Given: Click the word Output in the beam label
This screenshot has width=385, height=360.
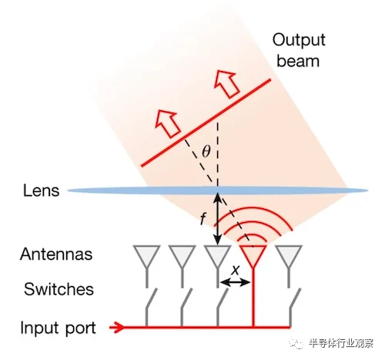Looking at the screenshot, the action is (299, 40).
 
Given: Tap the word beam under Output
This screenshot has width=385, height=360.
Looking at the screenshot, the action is (298, 61).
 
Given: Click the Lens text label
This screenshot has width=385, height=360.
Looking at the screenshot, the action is (41, 190).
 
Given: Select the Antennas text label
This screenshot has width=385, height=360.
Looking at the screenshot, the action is (56, 254).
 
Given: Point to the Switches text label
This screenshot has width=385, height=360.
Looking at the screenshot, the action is (59, 289).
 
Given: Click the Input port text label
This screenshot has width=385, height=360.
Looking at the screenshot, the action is (58, 328).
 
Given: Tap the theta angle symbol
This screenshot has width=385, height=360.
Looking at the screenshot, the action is (206, 151).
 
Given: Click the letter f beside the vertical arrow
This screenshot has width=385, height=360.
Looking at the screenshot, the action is (203, 219).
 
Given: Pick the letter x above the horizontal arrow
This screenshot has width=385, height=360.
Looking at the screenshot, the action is (235, 270).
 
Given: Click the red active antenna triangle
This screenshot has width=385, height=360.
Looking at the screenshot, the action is (253, 255).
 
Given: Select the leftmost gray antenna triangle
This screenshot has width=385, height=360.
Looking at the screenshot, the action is (146, 255).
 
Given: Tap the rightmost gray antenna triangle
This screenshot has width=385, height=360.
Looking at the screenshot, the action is (289, 255).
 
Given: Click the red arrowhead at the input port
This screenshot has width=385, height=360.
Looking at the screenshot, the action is (117, 328).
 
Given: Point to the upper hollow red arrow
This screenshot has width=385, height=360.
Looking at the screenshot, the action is (226, 83).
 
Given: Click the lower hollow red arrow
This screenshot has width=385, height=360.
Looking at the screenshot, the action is (168, 123).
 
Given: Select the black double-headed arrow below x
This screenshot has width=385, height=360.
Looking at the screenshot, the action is (235, 283).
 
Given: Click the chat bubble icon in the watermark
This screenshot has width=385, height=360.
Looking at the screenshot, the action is (296, 343).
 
